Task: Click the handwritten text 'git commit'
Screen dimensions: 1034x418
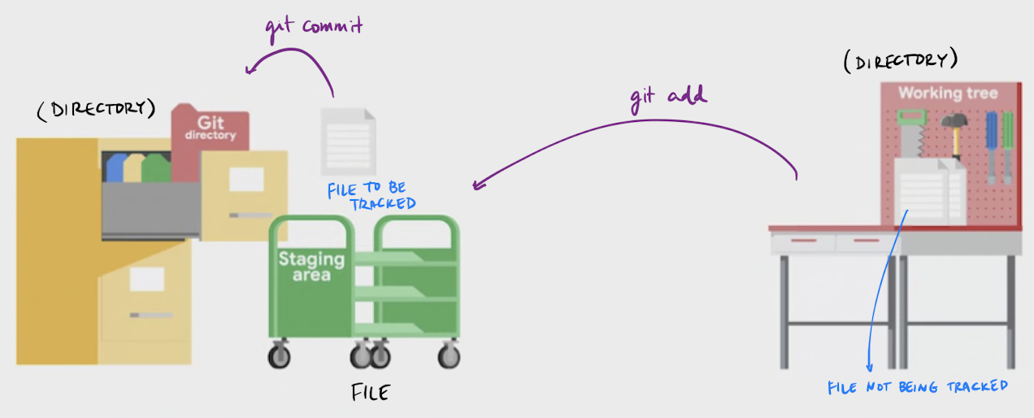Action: point(313,26)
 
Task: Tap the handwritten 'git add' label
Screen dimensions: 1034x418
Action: point(668,96)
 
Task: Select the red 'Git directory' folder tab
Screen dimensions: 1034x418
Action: point(210,130)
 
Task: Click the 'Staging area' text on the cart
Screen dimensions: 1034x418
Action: point(311,266)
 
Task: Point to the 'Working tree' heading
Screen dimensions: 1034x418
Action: point(947,93)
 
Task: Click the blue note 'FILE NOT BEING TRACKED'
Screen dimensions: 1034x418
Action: point(918,386)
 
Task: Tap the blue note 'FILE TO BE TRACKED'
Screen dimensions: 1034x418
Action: point(371,196)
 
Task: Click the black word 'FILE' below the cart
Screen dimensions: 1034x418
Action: point(370,393)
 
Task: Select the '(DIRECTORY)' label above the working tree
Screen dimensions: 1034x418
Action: point(900,61)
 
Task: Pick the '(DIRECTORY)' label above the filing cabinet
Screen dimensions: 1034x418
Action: point(95,110)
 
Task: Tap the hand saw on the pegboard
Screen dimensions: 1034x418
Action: point(909,134)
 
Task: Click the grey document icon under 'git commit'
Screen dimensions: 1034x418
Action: point(348,137)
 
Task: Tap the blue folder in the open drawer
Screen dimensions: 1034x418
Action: point(118,167)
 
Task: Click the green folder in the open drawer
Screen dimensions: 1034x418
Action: point(157,168)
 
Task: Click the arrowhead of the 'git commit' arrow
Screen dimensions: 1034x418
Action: point(251,71)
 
